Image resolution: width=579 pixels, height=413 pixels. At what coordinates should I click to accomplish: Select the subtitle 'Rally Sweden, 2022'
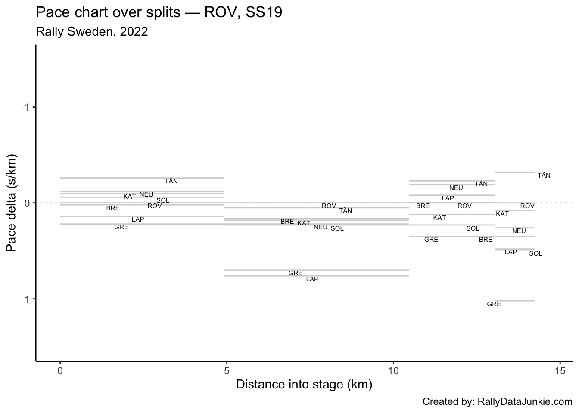click(x=92, y=32)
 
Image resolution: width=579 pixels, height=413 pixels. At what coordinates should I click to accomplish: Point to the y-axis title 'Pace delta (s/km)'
click(x=12, y=203)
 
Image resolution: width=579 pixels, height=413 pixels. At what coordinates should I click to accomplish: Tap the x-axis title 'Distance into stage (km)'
click(x=304, y=384)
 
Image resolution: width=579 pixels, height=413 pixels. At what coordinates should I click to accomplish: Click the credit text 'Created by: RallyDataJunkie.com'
click(x=497, y=402)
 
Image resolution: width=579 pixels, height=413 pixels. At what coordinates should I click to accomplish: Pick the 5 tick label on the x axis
click(x=227, y=370)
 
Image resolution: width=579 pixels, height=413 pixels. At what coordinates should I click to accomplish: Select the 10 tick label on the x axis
click(x=393, y=370)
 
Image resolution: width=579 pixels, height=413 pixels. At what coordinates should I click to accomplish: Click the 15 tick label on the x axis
click(x=560, y=370)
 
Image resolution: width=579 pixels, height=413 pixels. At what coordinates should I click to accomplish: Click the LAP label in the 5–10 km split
click(x=312, y=279)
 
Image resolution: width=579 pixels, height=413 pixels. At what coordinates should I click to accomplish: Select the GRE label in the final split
click(x=494, y=304)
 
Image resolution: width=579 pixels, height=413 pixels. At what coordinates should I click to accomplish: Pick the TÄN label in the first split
click(x=171, y=181)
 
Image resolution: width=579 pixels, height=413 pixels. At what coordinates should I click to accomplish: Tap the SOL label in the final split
click(x=535, y=253)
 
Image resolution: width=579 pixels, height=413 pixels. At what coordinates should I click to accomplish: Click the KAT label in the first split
click(x=129, y=197)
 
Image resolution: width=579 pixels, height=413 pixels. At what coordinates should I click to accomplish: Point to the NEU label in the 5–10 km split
click(x=320, y=227)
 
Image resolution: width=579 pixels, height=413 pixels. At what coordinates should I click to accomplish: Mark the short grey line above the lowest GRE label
click(x=515, y=301)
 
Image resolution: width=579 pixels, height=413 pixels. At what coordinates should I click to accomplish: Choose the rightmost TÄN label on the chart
click(x=544, y=176)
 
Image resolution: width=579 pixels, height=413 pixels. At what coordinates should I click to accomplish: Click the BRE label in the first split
click(x=113, y=208)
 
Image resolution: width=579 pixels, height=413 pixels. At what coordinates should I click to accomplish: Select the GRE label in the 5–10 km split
click(x=295, y=273)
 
